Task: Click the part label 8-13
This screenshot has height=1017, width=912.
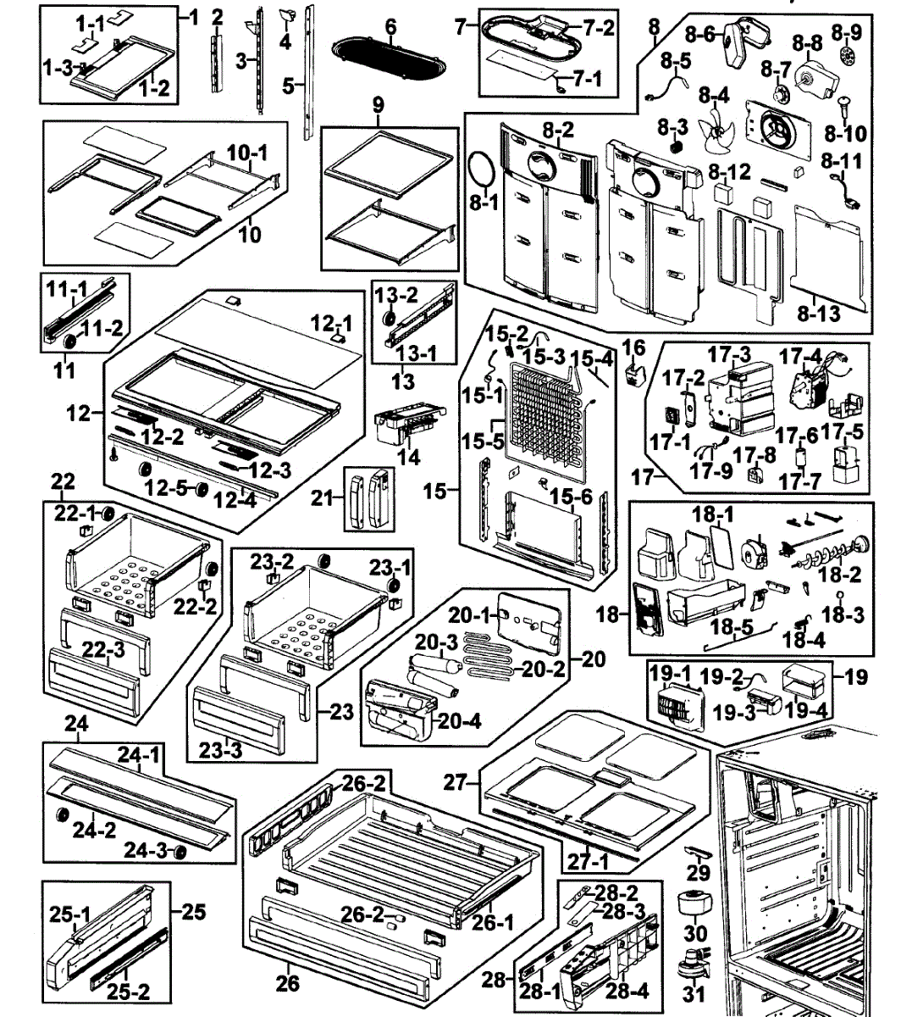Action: [x=818, y=314]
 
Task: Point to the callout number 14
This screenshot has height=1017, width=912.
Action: [x=408, y=458]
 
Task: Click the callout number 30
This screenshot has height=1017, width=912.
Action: [x=695, y=934]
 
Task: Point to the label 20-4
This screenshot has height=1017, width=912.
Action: [x=460, y=721]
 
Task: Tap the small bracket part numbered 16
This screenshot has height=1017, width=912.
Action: [x=631, y=374]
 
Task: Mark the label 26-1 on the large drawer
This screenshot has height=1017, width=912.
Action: [x=494, y=922]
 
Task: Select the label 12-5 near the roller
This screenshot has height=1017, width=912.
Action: [x=166, y=488]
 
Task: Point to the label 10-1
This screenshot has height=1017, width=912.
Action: [x=246, y=153]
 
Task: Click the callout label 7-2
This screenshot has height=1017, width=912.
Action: [x=598, y=27]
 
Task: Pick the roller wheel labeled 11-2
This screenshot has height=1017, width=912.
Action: [x=69, y=342]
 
